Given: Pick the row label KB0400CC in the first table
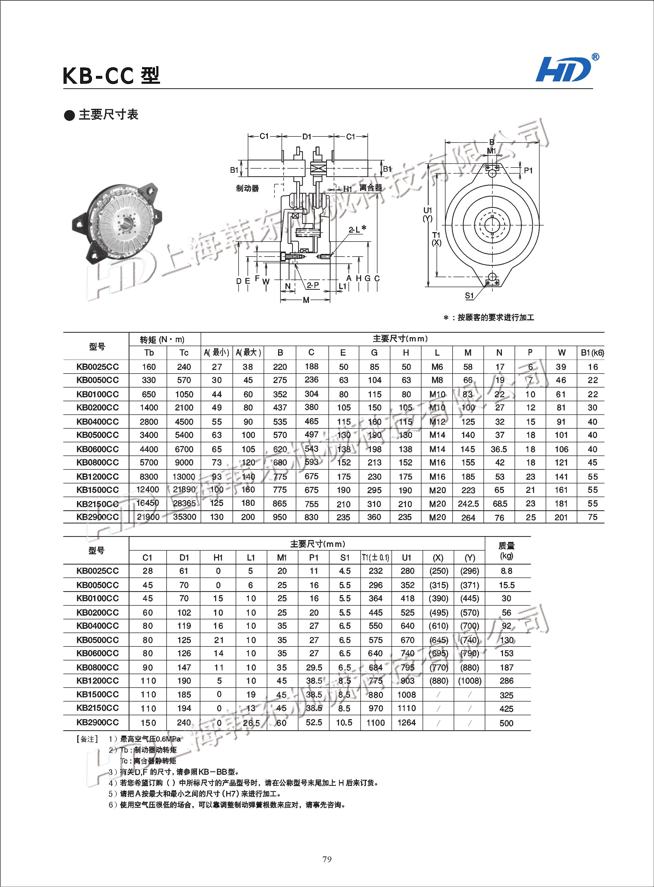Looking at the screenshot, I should (97, 421).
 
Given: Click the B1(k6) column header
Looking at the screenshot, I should (592, 352).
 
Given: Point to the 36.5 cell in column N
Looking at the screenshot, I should (499, 449).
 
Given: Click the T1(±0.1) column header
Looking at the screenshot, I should (375, 557).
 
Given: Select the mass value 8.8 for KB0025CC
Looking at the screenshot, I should (506, 571).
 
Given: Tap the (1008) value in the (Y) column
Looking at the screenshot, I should (469, 680).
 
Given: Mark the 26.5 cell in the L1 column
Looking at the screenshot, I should (251, 723).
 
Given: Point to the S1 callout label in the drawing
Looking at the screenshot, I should (469, 296).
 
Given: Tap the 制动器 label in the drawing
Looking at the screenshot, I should (248, 188).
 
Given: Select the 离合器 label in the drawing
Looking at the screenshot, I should (371, 188).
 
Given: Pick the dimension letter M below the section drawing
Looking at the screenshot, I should (306, 300).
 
